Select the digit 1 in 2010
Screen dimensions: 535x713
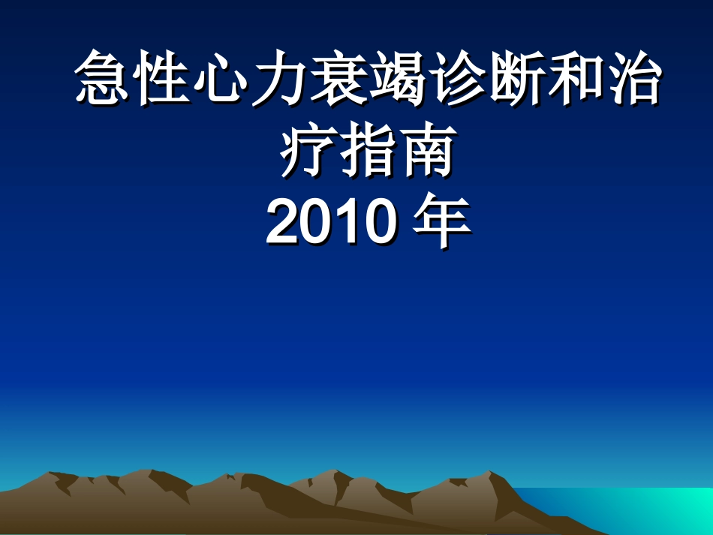point(347,223)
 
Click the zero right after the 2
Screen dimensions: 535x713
point(316,223)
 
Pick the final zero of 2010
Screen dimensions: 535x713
point(380,223)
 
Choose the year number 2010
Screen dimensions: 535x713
point(331,223)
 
